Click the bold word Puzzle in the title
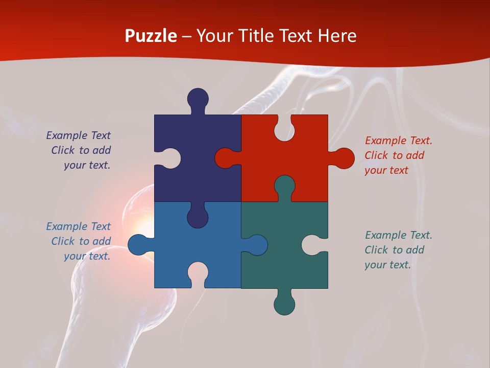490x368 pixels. [x=151, y=36]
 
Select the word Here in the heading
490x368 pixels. [x=337, y=36]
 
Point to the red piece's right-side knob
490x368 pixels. [x=343, y=158]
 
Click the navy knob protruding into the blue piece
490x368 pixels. [x=198, y=216]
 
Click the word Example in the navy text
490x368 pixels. [x=67, y=135]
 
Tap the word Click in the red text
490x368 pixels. [x=376, y=155]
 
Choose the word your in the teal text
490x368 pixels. [x=375, y=265]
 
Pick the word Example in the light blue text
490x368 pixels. [x=67, y=226]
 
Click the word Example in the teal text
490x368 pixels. [x=385, y=235]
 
